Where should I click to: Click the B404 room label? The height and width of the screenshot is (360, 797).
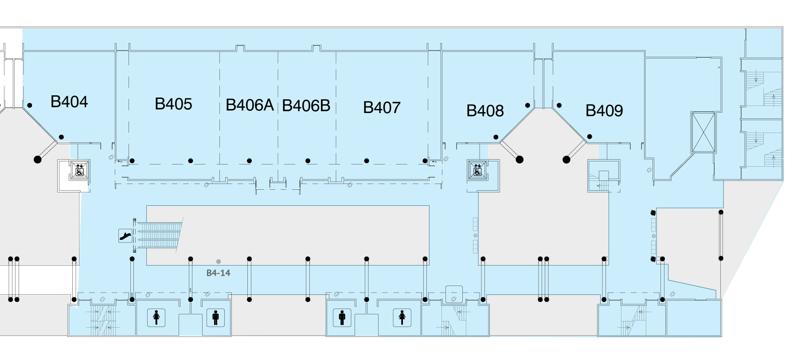coord(69,102)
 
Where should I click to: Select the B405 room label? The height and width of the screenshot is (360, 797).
coord(173,104)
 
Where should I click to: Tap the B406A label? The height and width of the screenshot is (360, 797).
coord(250,106)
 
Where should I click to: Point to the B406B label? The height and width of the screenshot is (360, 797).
coord(306,106)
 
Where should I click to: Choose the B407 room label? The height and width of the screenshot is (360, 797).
coord(382,107)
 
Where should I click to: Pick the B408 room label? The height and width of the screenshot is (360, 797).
coord(485,110)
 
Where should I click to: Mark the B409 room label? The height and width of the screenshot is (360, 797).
coord(604,110)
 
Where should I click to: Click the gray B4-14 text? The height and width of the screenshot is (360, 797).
coord(219,273)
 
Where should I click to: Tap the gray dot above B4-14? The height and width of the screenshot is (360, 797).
coord(219,262)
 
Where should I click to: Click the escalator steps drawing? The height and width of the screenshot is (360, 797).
coord(160,235)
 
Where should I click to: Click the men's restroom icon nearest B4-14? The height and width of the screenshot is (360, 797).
coord(215,317)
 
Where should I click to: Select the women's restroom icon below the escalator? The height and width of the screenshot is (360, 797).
coord(156,317)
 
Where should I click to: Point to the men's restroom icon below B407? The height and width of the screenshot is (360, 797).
coord(341,317)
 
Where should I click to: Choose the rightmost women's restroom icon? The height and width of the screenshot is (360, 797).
coord(402,317)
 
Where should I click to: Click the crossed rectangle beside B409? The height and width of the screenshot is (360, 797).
coord(703,133)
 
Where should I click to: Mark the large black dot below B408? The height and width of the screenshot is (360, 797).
coord(520,160)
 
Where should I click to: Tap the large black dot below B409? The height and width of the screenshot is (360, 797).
coord(566,160)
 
